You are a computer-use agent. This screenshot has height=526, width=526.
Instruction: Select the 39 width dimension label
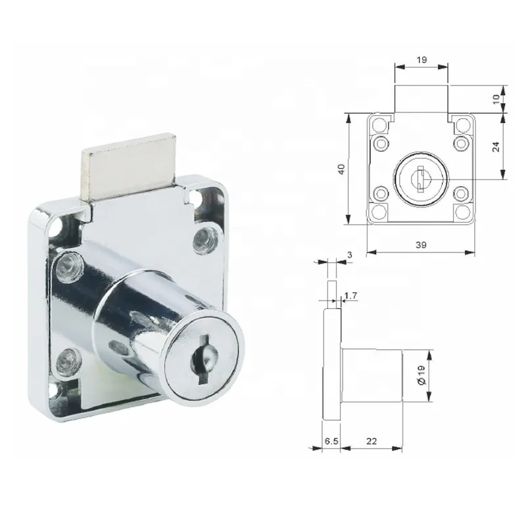coord(421,245)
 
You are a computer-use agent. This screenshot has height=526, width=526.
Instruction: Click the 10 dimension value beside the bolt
coord(497,98)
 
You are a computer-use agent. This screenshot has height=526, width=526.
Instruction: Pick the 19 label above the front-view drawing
coord(421,59)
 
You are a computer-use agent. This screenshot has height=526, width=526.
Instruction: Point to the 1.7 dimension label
coord(351,297)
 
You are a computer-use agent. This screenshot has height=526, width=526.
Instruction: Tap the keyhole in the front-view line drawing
coord(420,177)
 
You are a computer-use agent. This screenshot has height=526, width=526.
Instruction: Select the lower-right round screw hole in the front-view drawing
coord(461,193)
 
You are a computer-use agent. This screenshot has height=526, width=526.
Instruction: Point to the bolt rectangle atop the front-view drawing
coord(421,100)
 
